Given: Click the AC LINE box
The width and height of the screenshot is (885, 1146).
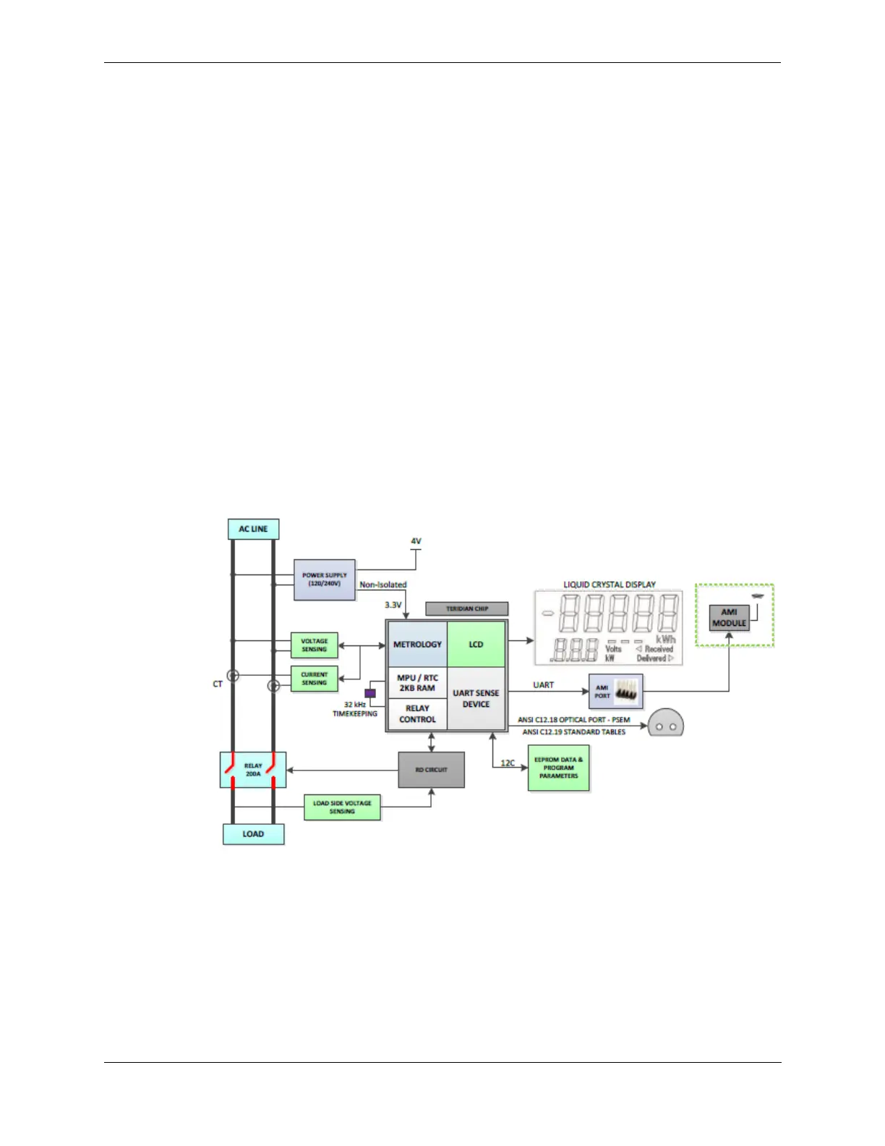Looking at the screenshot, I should coord(253,529).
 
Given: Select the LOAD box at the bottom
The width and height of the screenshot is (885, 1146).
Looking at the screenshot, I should coord(253,833).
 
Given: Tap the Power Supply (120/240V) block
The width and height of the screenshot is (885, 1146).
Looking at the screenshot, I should coord(325,580).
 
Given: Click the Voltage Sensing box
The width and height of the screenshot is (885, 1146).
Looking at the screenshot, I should coord(315,645).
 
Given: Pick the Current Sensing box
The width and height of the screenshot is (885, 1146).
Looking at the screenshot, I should coord(315,679).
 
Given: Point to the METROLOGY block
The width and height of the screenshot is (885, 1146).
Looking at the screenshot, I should coord(417,644).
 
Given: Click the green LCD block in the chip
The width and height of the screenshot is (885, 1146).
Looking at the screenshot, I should coord(476,644).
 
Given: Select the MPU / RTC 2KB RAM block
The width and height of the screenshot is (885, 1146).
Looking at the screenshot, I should coord(417,683).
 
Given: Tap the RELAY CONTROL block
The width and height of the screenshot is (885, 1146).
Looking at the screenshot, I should coord(417,714).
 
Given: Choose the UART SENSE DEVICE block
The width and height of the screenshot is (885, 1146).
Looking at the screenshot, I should coord(476,698).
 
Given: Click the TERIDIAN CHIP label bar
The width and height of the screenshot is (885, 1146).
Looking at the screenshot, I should coord(467,608).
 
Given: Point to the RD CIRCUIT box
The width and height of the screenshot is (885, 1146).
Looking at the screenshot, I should coord(431,770).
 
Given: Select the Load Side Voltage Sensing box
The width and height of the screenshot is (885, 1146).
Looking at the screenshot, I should coord(342,807).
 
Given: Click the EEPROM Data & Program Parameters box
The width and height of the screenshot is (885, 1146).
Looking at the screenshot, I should coord(558,768).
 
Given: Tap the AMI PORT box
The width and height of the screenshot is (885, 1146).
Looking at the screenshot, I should coord(615,692).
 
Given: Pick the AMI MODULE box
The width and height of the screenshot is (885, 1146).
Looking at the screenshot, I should coord(729,617).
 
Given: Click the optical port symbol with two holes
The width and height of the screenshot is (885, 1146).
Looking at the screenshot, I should coord(665,723).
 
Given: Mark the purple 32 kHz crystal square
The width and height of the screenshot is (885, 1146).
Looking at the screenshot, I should coord(370,693).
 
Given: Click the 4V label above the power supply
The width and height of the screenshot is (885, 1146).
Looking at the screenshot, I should coord(416,541).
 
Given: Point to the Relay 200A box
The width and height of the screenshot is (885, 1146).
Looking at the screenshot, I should coord(253,770).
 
